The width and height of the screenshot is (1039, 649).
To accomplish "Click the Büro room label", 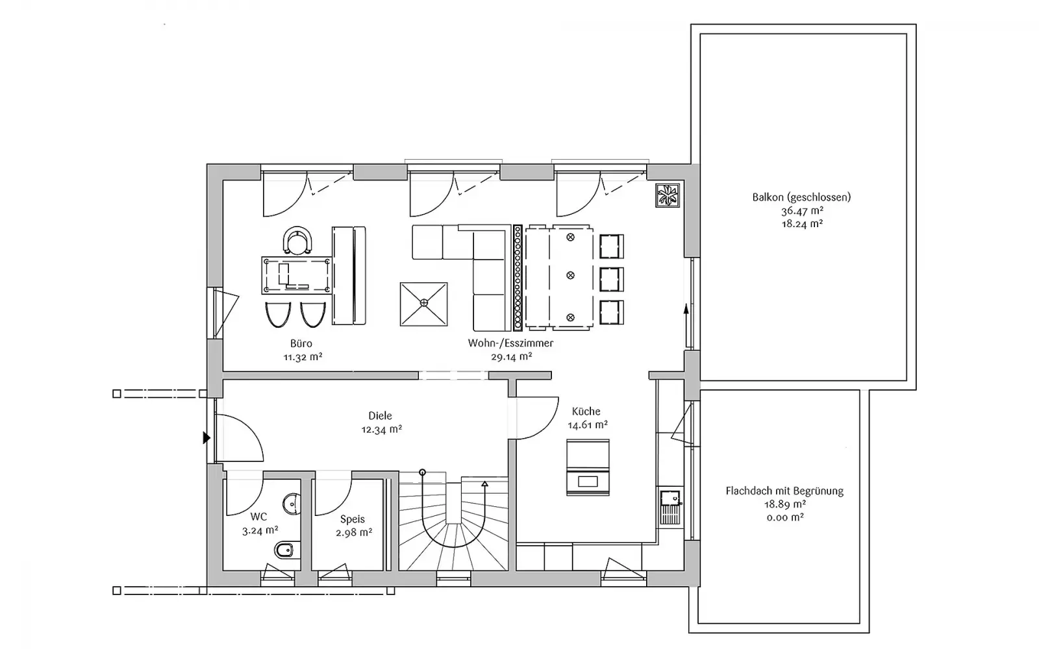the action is [301, 343].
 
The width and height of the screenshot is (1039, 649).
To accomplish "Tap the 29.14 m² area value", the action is [511, 356].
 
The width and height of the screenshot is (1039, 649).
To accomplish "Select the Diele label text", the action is [380, 416].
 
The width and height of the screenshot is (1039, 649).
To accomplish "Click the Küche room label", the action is [586, 411].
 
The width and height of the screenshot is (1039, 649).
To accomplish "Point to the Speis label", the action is [353, 519].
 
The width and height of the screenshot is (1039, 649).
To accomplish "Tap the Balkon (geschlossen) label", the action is [801, 197].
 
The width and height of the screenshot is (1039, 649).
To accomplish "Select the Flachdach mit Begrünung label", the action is [784, 491].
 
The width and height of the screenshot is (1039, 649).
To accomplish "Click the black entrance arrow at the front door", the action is [207, 437].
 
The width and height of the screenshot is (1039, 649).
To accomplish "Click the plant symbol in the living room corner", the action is [668, 195].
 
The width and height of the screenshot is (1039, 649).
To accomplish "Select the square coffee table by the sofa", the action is [424, 304].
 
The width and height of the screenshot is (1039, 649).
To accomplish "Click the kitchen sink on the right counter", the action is [670, 507].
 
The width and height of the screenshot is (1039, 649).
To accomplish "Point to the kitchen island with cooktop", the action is [588, 467].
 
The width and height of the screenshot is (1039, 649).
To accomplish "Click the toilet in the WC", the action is [288, 551].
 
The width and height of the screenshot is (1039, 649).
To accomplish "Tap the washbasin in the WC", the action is [292, 504].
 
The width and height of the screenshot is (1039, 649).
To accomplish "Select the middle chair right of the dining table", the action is [611, 279].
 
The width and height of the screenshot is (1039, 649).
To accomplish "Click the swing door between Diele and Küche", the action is [537, 417].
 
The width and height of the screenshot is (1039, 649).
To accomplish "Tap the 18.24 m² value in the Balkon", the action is [802, 224].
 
